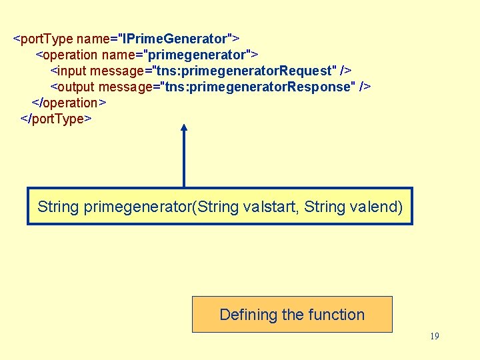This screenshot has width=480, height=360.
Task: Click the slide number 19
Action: (434, 336)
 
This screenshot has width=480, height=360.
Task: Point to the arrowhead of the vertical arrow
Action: (184, 127)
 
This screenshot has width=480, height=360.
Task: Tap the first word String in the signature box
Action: (58, 207)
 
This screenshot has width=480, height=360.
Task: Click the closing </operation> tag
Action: (69, 103)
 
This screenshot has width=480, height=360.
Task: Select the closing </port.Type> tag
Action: (57, 119)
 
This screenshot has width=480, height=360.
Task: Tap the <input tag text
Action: (69, 70)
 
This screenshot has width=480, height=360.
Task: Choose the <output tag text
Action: (73, 87)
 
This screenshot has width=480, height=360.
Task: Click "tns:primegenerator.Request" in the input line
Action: (244, 70)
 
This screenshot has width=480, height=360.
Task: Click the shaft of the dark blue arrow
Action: (184, 160)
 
